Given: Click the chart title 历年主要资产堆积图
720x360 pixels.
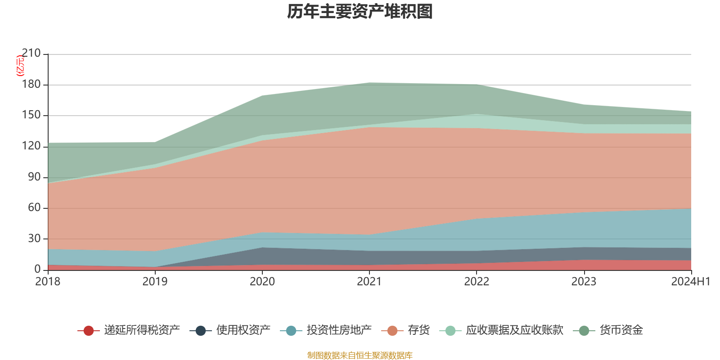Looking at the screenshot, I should (x=360, y=12).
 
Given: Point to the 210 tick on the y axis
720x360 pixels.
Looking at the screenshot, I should (x=31, y=54).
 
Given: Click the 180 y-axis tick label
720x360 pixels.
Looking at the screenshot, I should (x=31, y=85).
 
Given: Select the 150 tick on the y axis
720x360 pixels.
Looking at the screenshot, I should (x=31, y=115).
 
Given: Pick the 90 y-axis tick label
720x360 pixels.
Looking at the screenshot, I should (x=34, y=177).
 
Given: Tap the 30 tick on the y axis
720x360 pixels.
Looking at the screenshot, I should (x=34, y=238).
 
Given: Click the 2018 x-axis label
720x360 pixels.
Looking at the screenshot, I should (x=48, y=282).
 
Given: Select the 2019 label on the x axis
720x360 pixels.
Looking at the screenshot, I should (x=155, y=282).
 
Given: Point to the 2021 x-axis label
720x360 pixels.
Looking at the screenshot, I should (x=369, y=282).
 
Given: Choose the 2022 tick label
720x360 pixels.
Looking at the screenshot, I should (x=477, y=282).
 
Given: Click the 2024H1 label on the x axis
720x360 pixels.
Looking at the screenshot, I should (x=690, y=282).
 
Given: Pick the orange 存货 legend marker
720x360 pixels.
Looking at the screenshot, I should (x=392, y=331).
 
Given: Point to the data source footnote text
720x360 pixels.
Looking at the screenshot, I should (x=360, y=355).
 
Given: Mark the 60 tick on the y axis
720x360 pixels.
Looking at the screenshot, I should (x=34, y=207).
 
